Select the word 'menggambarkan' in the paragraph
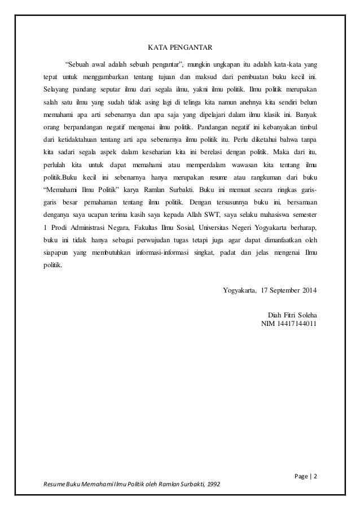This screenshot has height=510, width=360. tap(105, 75)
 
